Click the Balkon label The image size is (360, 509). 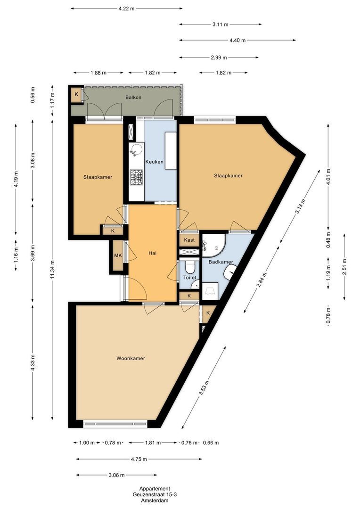pyautogui.click(x=133, y=98)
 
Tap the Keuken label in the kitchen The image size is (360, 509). pyautogui.click(x=154, y=162)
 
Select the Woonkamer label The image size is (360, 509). pyautogui.click(x=131, y=358)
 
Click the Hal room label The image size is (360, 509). pyautogui.click(x=152, y=253)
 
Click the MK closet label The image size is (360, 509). pyautogui.click(x=117, y=256)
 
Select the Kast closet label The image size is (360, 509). pyautogui.click(x=189, y=240)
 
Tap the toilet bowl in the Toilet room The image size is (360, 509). pyautogui.click(x=190, y=267)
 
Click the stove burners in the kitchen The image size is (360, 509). pyautogui.click(x=136, y=177)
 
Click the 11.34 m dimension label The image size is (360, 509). pyautogui.click(x=53, y=269)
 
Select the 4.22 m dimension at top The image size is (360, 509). pyautogui.click(x=127, y=8)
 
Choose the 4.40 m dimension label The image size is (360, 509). pyautogui.click(x=237, y=40)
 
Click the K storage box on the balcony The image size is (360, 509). pyautogui.click(x=76, y=95)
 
